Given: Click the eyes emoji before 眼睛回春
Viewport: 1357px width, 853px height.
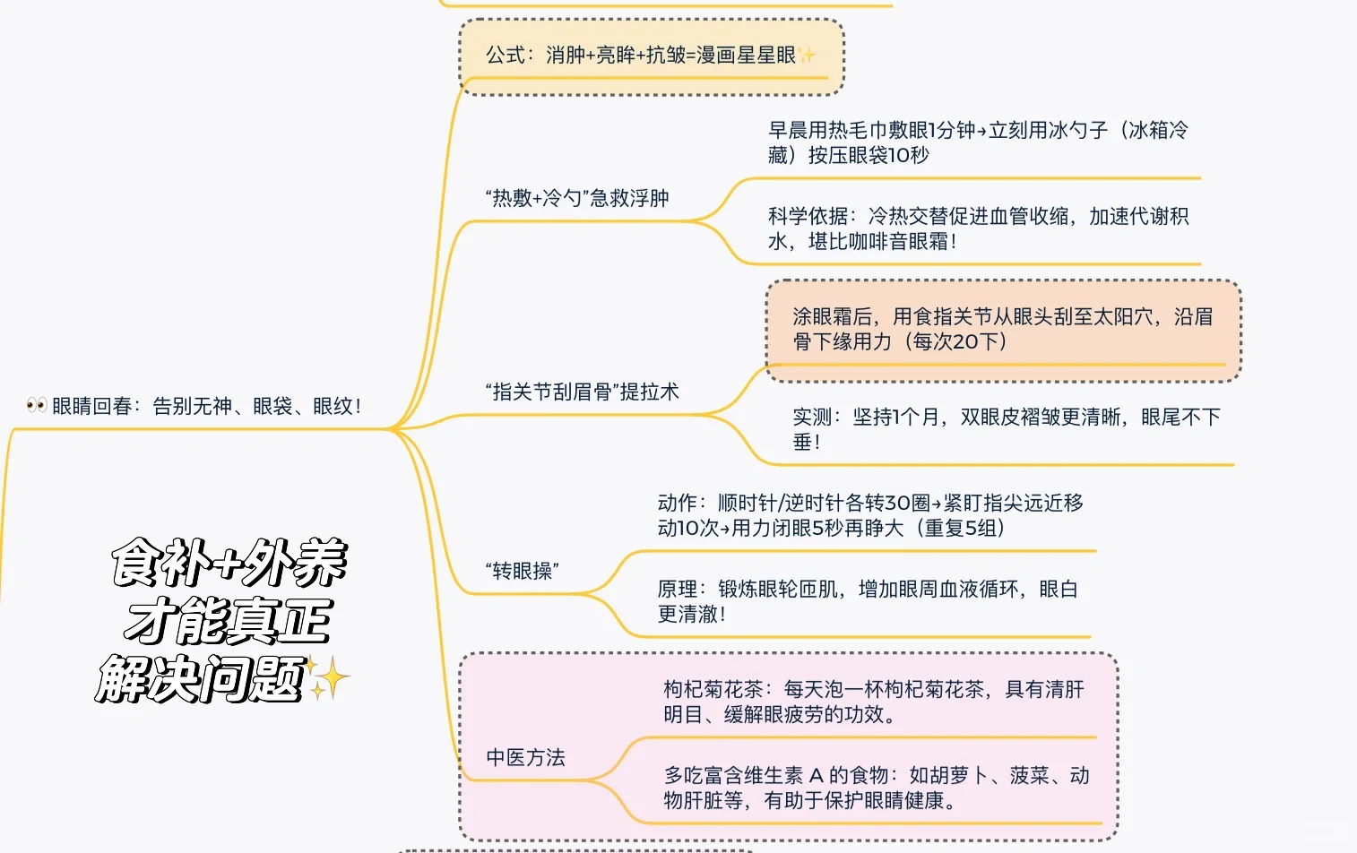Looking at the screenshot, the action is click(37, 406).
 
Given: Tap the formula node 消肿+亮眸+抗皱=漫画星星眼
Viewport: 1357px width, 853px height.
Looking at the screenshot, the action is click(640, 56).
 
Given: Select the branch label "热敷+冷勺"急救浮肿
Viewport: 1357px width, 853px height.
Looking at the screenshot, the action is click(577, 198).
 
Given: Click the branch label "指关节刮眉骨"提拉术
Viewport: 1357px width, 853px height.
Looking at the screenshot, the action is click(582, 392).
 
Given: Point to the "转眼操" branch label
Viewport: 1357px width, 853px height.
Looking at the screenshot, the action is click(522, 571).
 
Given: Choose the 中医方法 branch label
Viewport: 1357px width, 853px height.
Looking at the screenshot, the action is click(525, 758).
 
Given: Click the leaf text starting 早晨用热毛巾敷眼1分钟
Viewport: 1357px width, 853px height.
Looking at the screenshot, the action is click(977, 142).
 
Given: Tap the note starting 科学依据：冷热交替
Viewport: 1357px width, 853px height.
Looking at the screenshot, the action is click(977, 228).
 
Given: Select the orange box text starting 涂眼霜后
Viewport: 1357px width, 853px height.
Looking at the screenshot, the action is click(1001, 329).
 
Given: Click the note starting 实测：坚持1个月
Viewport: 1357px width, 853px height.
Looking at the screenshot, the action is click(1005, 429).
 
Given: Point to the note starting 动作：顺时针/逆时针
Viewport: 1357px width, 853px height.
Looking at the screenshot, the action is click(869, 515).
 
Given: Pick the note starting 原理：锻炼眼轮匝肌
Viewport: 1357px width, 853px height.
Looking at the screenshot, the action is click(867, 601).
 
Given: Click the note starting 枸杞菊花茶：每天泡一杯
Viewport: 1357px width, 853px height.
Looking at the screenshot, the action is click(873, 702).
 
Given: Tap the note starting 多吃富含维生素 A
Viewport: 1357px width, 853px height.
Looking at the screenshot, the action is click(876, 788).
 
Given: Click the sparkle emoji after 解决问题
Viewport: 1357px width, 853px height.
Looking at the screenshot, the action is click(328, 678).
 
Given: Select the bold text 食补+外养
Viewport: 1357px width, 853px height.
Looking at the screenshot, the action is click(229, 564).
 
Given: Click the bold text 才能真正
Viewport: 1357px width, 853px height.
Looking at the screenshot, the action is click(229, 621).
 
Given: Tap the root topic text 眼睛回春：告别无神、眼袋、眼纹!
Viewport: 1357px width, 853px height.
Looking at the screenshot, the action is click(206, 406).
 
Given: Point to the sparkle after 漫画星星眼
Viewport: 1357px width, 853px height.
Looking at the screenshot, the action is click(808, 56).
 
